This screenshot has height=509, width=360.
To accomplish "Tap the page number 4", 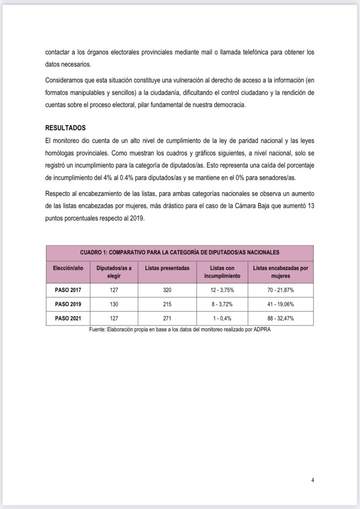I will (x=312, y=480).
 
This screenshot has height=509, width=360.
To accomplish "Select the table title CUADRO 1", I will (x=180, y=252).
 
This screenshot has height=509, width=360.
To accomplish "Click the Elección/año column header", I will (x=68, y=268).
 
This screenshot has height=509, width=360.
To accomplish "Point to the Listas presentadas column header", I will (x=167, y=268).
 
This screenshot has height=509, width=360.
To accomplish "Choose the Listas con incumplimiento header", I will (x=222, y=272).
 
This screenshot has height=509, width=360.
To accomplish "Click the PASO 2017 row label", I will (x=68, y=290).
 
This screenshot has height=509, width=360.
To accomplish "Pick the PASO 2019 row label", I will (x=68, y=304).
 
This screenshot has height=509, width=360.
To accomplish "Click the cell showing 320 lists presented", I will (x=167, y=290).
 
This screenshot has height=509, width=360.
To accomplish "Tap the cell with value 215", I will (x=167, y=304).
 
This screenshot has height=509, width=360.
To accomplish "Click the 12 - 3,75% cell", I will (x=222, y=290).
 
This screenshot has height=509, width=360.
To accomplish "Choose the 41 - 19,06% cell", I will (x=280, y=304).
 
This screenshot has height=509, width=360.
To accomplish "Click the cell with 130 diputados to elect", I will (x=114, y=304).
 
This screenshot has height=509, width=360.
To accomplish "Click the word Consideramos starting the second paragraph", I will (x=65, y=80).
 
